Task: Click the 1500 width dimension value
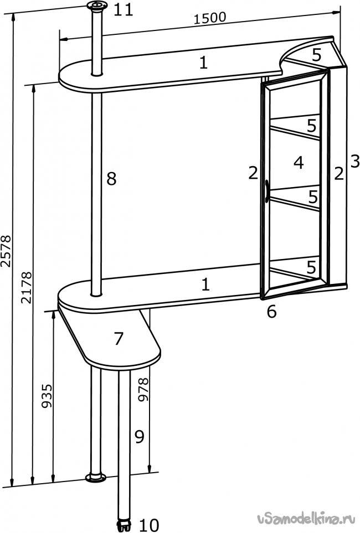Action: pos(209,18)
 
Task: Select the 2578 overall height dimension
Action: pos(7,251)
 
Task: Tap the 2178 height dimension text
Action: pos(27,287)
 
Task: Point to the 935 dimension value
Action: pos(47,396)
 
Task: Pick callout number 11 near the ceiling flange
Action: pos(123,10)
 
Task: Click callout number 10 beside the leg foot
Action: pos(149,525)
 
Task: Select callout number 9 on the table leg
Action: pos(140,437)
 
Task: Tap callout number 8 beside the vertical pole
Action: pos(112,179)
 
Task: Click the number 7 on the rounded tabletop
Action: pos(118,339)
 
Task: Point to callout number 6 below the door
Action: pos(271,312)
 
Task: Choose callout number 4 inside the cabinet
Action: pos(299,163)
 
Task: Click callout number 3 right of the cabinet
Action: pos(354,161)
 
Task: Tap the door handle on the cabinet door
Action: pos(267,192)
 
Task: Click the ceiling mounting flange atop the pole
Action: pos(96,6)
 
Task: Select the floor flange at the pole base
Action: pos(96,478)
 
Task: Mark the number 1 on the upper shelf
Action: pos(203,63)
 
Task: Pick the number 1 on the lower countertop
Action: pos(205,284)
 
